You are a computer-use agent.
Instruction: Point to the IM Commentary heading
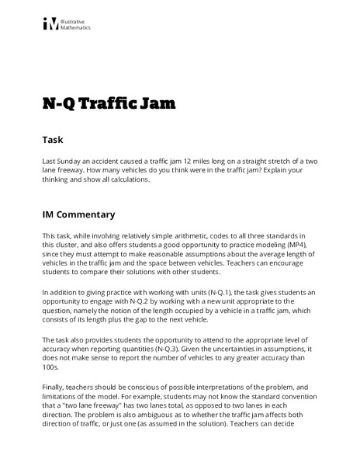click(78, 214)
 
